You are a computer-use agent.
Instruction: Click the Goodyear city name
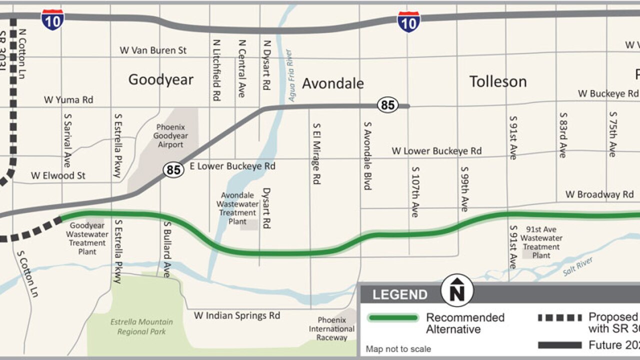[160, 79]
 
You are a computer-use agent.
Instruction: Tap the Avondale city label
[332, 83]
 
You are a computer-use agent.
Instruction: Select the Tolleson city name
[498, 81]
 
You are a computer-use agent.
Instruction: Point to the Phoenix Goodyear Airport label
[171, 136]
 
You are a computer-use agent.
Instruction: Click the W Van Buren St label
[153, 50]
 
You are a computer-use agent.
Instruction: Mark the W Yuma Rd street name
[68, 99]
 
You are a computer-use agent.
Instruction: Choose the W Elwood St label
[58, 175]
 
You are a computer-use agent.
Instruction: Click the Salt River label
[578, 266]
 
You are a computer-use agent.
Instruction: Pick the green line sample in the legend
[392, 318]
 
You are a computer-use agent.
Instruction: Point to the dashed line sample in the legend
[559, 317]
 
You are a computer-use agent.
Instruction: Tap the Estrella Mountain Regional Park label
[141, 327]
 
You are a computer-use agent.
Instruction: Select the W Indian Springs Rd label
[237, 315]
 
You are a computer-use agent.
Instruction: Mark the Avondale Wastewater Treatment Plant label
[237, 208]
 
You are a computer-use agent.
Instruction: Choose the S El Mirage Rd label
[315, 154]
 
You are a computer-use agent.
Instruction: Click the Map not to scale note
[398, 349]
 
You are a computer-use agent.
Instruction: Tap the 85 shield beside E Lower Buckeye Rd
[173, 170]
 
